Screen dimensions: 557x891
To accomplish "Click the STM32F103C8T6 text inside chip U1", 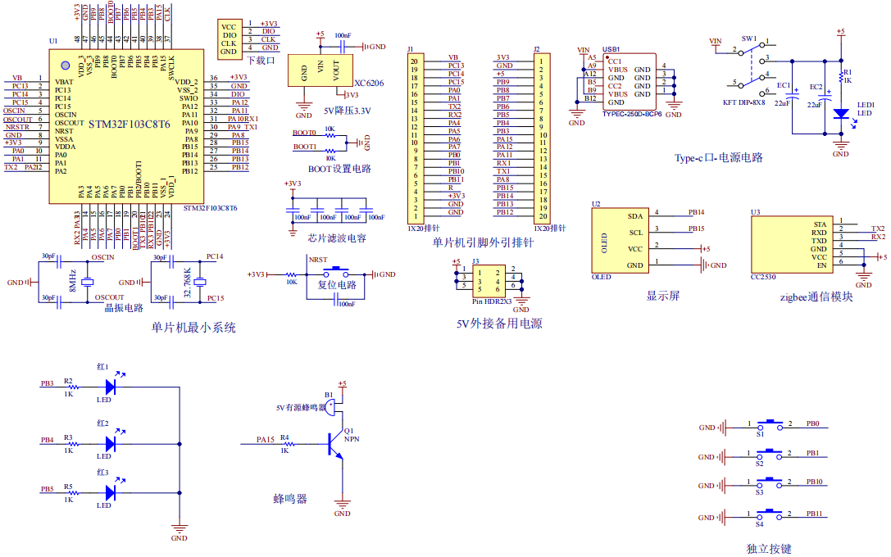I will (x=129, y=125).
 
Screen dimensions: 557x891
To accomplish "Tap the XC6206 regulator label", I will (x=369, y=83).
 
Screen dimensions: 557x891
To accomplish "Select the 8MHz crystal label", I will (x=73, y=278).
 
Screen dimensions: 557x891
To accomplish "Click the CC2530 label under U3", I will (x=763, y=278).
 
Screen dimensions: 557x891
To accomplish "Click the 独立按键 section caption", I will (x=769, y=549).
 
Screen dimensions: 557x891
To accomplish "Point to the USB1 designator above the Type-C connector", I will (x=611, y=49).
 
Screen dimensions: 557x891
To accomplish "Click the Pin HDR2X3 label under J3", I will (x=491, y=301).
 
